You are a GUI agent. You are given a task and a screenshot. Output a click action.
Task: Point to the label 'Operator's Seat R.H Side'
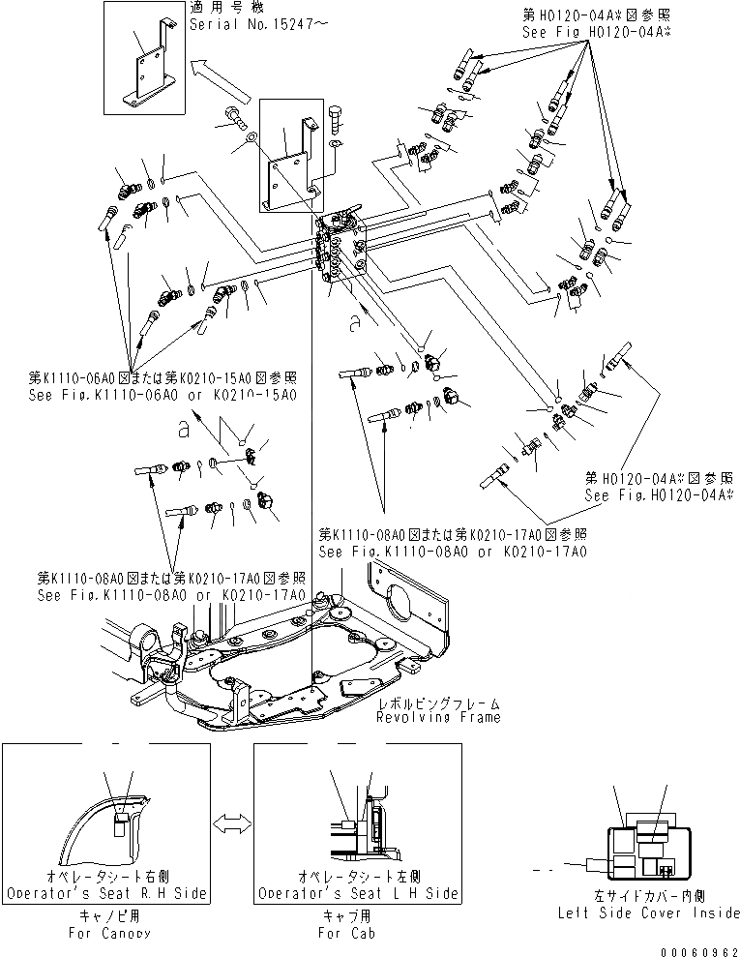105,893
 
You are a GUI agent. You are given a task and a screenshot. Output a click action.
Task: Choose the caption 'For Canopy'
105,933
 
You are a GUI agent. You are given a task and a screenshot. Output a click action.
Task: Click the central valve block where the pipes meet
340,254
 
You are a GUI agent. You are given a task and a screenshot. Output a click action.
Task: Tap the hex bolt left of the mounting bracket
234,117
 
